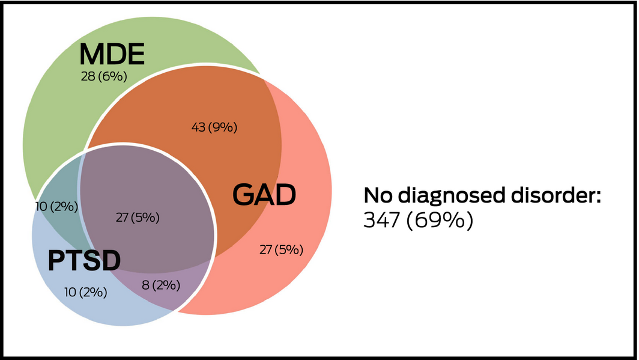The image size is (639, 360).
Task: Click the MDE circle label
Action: (112, 55)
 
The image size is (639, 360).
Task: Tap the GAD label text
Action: (265, 195)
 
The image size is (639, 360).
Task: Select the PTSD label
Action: (84, 261)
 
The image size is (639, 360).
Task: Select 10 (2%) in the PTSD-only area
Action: (86, 293)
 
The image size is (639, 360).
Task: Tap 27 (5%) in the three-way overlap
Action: (138, 218)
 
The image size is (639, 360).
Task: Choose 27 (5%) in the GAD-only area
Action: (280, 249)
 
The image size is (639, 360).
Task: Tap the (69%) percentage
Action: (439, 221)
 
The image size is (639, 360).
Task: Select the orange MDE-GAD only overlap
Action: (180, 108)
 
